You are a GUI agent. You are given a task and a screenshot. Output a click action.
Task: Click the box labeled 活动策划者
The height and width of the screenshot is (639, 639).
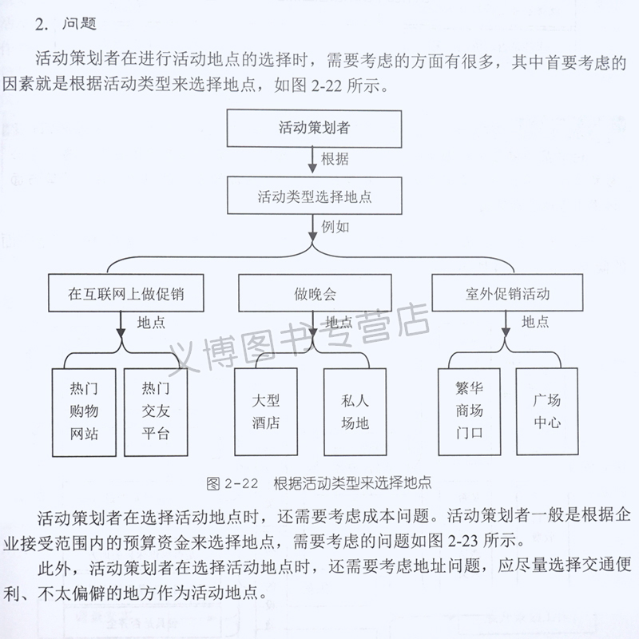[314, 127]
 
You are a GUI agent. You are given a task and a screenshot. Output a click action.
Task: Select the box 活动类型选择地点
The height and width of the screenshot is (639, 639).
[314, 196]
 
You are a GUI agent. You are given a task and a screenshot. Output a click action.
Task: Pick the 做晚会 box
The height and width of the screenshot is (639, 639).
[315, 293]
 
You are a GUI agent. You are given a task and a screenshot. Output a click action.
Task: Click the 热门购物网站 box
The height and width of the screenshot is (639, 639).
[84, 412]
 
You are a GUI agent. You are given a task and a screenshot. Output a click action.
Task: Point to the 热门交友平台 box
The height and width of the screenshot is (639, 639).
[156, 412]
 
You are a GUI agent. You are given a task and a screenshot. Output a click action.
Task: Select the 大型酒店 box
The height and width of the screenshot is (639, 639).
[266, 411]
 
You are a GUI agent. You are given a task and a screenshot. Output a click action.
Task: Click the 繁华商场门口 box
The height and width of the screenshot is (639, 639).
[470, 411]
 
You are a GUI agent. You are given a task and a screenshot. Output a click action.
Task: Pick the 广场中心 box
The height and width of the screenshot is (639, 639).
[546, 411]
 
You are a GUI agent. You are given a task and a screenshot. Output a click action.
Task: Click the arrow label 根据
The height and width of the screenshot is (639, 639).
[335, 159]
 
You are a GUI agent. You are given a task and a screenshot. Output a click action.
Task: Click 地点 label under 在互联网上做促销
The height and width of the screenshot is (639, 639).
[152, 323]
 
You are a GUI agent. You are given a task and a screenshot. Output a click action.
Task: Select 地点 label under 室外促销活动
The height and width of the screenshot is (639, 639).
[535, 322]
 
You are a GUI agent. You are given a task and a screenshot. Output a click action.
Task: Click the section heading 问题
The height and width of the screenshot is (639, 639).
[79, 25]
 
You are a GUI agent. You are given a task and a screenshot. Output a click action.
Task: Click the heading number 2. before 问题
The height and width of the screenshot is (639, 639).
[43, 25]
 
